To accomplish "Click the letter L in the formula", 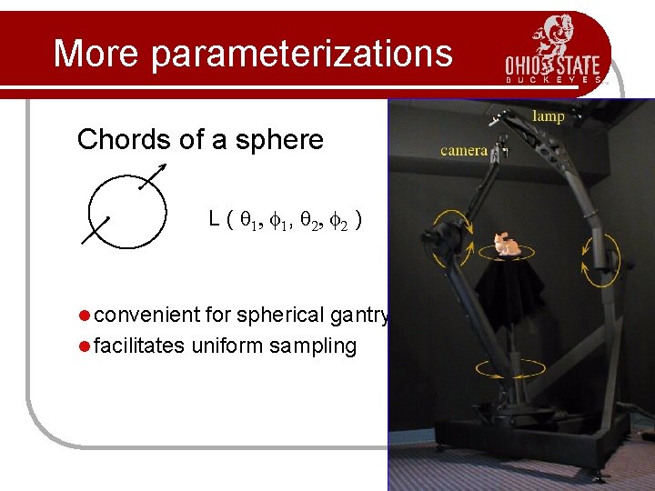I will pyautogui.click(x=214, y=219).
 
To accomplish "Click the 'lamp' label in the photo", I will pyautogui.click(x=548, y=115).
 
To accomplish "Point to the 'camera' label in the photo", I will pyautogui.click(x=464, y=150).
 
